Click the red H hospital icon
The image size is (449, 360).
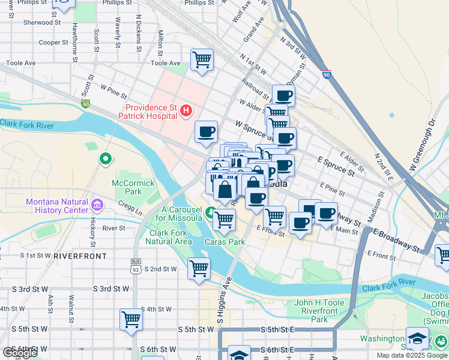186,110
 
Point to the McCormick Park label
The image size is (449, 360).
127,187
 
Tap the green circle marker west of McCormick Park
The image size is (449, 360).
106,159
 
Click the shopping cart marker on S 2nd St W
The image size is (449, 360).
199,268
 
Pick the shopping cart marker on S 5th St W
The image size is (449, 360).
131,319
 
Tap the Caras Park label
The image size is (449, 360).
225,242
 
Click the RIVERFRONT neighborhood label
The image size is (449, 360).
80,256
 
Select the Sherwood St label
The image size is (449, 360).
43,22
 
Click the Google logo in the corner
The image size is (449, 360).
19,352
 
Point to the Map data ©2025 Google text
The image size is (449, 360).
411,355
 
